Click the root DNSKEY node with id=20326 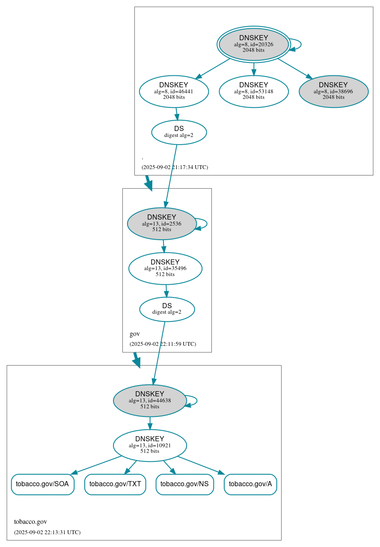tap(253, 44)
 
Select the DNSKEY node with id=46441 tap(174, 91)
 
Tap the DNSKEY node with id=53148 tap(253, 91)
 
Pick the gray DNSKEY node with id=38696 tap(333, 91)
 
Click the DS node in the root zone tap(179, 132)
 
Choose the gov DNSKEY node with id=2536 tap(162, 223)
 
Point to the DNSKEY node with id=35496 tap(165, 268)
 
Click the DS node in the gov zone tap(167, 309)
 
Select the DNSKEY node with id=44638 tap(150, 400)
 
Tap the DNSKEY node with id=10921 tap(150, 445)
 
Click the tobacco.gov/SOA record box tap(42, 484)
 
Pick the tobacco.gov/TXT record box tap(115, 484)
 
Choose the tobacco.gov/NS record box tap(184, 484)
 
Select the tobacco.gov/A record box tap(250, 484)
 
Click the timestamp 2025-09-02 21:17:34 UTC tap(175, 167)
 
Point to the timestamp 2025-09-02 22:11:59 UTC tap(163, 344)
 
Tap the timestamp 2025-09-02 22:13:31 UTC tap(47, 532)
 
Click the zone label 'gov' tap(134, 334)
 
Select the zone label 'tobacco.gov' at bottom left tap(30, 522)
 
